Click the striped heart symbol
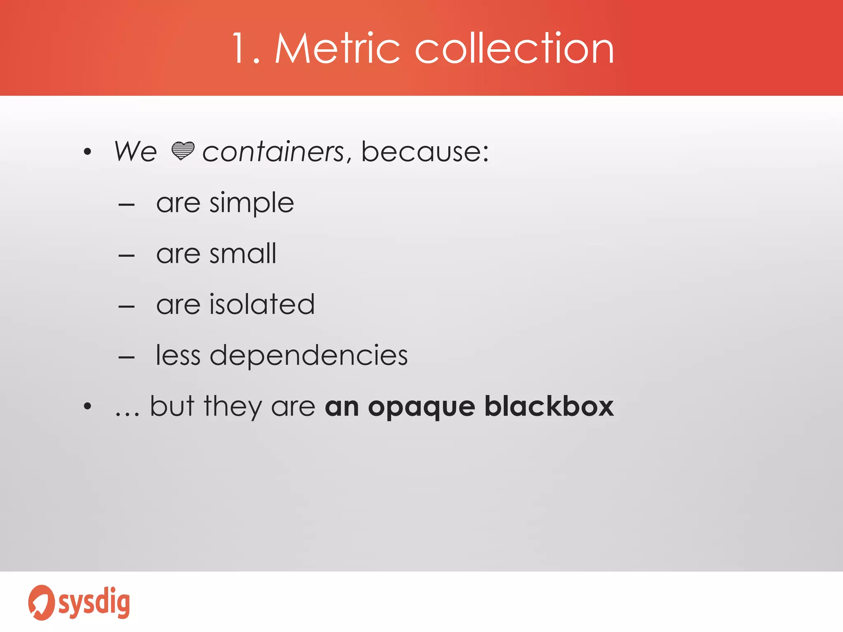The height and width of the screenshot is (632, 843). pyautogui.click(x=182, y=151)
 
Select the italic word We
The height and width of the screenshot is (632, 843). pyautogui.click(x=135, y=151)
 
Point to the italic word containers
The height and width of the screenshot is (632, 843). pyautogui.click(x=273, y=152)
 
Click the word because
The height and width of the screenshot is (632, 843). pyautogui.click(x=424, y=152)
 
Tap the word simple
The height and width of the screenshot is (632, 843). pyautogui.click(x=252, y=203)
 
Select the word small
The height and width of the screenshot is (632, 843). pyautogui.click(x=243, y=253)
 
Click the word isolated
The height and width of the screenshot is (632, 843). pyautogui.click(x=262, y=304)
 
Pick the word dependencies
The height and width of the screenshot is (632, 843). pyautogui.click(x=309, y=355)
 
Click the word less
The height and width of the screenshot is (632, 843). pyautogui.click(x=178, y=355)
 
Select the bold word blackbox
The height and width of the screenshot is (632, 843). pyautogui.click(x=549, y=407)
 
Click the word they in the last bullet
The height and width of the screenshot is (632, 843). pyautogui.click(x=233, y=407)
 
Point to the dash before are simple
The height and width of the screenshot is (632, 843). pyautogui.click(x=126, y=204)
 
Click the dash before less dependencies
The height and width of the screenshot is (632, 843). pyautogui.click(x=126, y=358)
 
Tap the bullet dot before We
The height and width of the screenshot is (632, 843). pyautogui.click(x=87, y=152)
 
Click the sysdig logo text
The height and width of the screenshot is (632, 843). pyautogui.click(x=94, y=603)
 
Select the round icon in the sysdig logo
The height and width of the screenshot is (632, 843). pyautogui.click(x=41, y=602)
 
